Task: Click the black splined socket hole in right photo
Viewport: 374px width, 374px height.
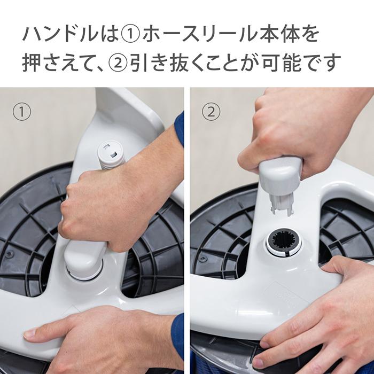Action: coord(284,244)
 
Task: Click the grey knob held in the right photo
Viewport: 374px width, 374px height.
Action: coord(279,174)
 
